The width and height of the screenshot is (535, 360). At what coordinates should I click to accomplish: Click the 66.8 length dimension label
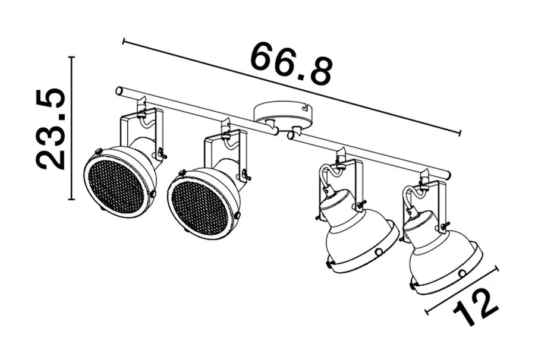[x=291, y=65]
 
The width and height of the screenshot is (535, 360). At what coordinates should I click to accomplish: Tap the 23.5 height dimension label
[x=51, y=129]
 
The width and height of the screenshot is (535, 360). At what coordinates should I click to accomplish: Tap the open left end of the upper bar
[x=119, y=91]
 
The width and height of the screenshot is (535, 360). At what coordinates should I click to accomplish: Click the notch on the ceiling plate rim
[x=306, y=108]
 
